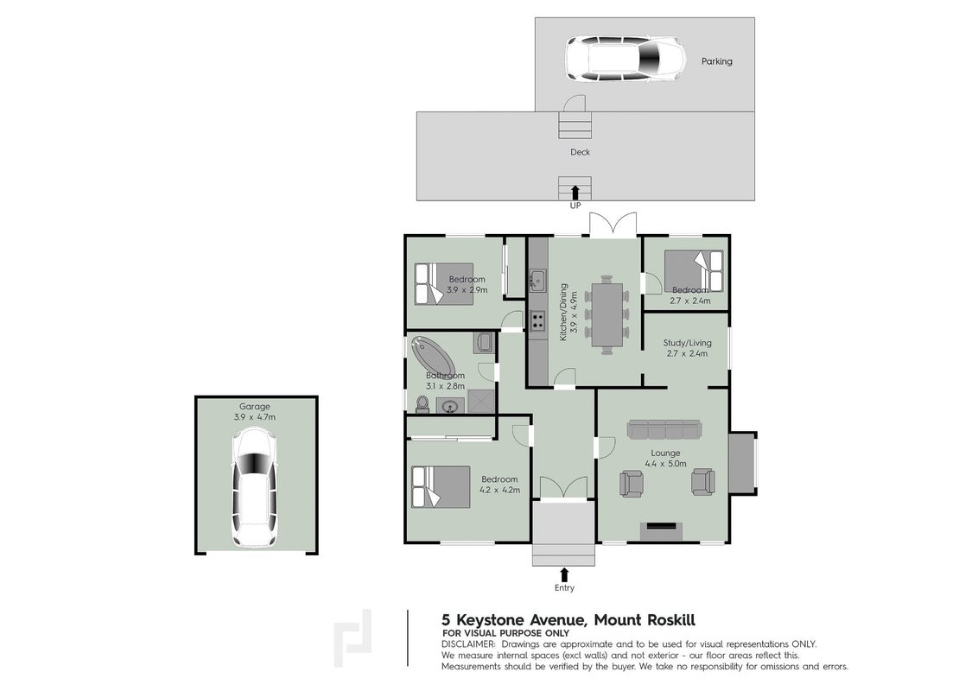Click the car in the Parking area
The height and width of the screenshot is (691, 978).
pos(623,59)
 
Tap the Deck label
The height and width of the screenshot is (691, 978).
pos(580,152)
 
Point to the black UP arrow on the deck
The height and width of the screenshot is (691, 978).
pos(575,192)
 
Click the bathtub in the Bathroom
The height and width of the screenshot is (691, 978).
pos(434,358)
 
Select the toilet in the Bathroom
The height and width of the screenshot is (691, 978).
pos(421,405)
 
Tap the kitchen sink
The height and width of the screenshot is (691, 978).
pos(537,281)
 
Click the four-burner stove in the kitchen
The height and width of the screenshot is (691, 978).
pos(537,321)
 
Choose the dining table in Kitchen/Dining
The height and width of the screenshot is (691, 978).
pos(606,315)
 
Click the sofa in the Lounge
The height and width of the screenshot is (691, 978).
pos(665,429)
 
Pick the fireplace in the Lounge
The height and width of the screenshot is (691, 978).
pos(661,530)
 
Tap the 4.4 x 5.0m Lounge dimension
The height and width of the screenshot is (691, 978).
pos(665,464)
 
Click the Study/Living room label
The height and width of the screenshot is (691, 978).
pos(687,343)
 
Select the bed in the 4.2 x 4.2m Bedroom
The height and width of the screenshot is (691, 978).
pos(441,487)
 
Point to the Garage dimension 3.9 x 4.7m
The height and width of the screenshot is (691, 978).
pos(255,417)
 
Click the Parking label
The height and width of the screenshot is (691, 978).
pos(717,61)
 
